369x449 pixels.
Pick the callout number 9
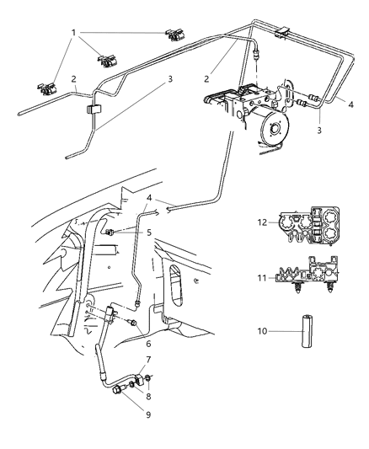coord(149,414)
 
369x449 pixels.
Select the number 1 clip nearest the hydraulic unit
coord(176,35)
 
